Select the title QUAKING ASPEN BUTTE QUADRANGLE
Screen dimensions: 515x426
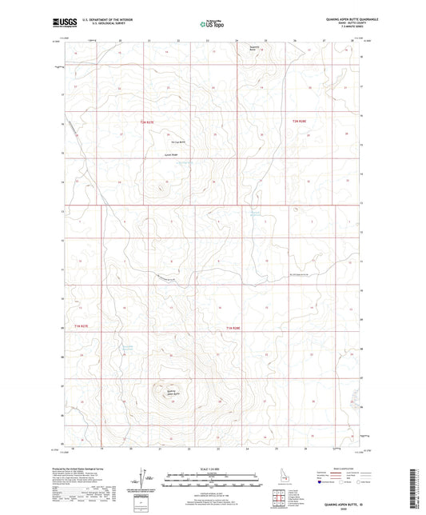tap(336, 21)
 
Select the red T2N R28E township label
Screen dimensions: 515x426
tap(299, 121)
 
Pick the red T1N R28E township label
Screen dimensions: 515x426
tap(233, 327)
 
